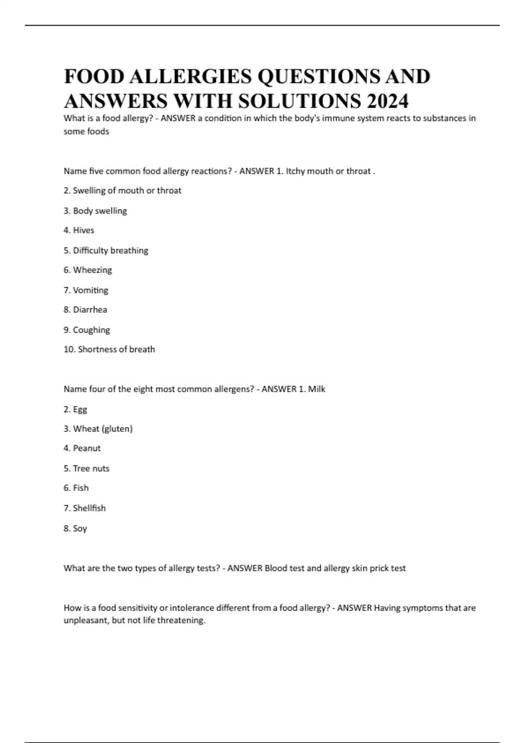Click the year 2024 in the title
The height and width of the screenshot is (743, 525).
pyautogui.click(x=388, y=101)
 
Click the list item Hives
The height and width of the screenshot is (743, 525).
pyautogui.click(x=83, y=230)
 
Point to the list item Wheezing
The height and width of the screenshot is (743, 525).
pyautogui.click(x=92, y=270)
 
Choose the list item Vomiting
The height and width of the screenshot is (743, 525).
pyautogui.click(x=90, y=290)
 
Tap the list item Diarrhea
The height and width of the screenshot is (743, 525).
pyautogui.click(x=90, y=310)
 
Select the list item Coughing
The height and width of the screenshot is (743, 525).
pyautogui.click(x=91, y=330)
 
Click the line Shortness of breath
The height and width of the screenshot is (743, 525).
pyautogui.click(x=116, y=349)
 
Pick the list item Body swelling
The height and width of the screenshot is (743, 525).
pyautogui.click(x=100, y=211)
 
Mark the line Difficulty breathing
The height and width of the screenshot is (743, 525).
pyautogui.click(x=110, y=250)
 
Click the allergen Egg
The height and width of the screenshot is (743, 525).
pyautogui.click(x=80, y=410)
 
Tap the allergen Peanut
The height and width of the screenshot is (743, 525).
pyautogui.click(x=87, y=448)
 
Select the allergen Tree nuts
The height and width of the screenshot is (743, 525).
pyautogui.click(x=91, y=469)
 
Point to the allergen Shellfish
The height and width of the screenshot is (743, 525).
pyautogui.click(x=89, y=508)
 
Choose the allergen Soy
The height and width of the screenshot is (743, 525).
pyautogui.click(x=80, y=528)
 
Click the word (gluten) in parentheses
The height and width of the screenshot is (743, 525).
pyautogui.click(x=117, y=429)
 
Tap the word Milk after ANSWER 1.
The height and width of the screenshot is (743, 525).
pyautogui.click(x=316, y=389)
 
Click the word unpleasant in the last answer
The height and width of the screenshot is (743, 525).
pyautogui.click(x=85, y=621)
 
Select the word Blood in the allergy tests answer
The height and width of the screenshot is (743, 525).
pyautogui.click(x=275, y=568)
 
